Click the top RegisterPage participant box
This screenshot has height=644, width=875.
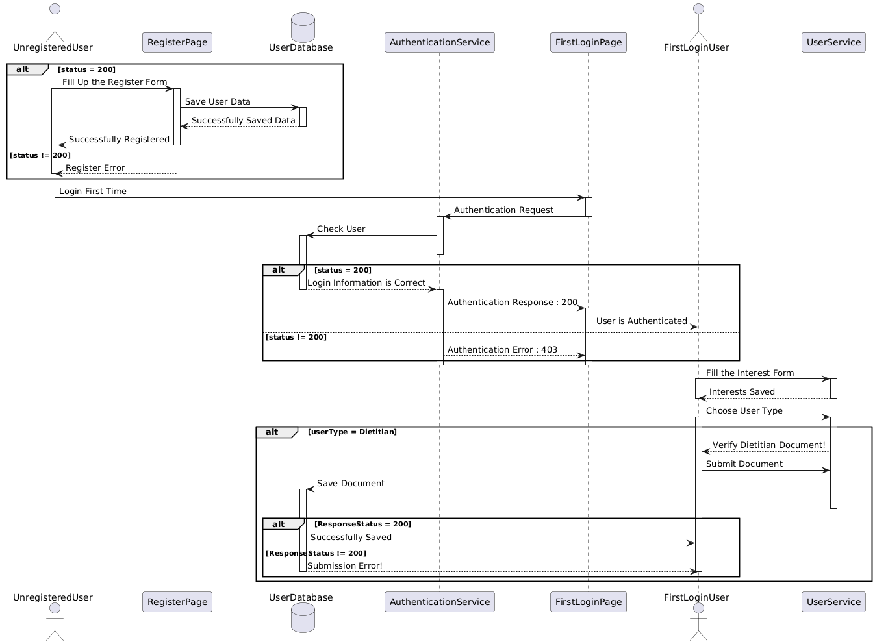177,42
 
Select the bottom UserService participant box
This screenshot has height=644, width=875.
833,602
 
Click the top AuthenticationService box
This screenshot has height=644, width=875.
439,42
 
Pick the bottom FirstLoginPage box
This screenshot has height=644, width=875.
588,602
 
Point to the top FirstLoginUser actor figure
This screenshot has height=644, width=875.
698,22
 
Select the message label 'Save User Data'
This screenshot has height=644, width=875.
218,102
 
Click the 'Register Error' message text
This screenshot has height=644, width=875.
95,168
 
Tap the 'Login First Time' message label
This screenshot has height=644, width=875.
93,192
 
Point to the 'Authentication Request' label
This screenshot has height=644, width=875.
503,210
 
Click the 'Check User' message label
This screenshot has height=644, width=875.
341,229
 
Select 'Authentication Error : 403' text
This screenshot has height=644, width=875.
502,350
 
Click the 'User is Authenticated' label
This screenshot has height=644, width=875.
641,321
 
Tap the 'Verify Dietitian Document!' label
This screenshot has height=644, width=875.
768,445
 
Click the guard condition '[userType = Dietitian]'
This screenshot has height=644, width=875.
352,432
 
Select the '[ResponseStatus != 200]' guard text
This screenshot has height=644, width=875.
316,553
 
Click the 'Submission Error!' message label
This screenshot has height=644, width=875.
345,566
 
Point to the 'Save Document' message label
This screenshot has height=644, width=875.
351,484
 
